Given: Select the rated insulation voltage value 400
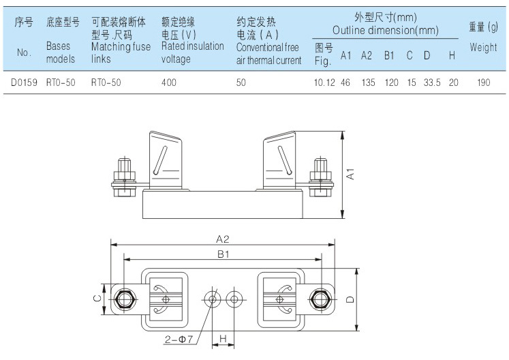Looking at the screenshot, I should (x=168, y=84).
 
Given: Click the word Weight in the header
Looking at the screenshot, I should (x=483, y=48).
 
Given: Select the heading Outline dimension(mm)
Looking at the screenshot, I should (x=385, y=31).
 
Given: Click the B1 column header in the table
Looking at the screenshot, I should (x=389, y=55).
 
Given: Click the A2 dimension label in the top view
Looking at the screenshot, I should (x=223, y=239).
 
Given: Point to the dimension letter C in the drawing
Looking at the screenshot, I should (x=97, y=299).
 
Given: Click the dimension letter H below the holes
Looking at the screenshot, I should (x=223, y=338).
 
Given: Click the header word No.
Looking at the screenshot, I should (x=24, y=52).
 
